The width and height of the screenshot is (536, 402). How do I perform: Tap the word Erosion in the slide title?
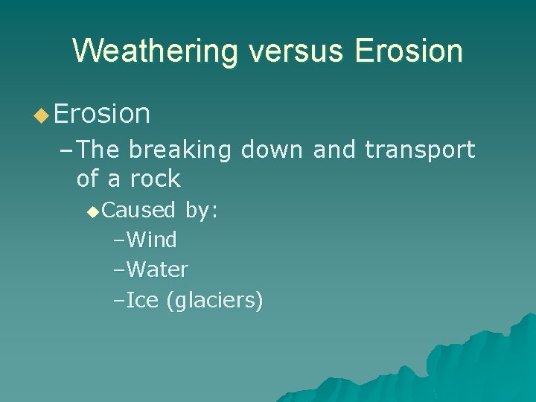click(x=409, y=51)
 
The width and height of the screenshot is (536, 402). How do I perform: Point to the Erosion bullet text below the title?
click(x=102, y=114)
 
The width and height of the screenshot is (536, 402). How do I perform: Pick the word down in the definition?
click(x=272, y=150)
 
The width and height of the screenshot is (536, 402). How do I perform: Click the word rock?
click(x=154, y=179)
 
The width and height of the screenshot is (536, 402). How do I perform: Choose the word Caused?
click(x=138, y=211)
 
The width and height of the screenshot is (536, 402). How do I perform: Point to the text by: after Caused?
click(x=201, y=211)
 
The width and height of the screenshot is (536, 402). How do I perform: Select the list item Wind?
click(x=151, y=240)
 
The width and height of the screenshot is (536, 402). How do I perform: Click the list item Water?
click(x=157, y=269)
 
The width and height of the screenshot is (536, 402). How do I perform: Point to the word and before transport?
click(x=335, y=150)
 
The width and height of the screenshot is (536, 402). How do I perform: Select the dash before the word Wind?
click(x=119, y=240)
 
